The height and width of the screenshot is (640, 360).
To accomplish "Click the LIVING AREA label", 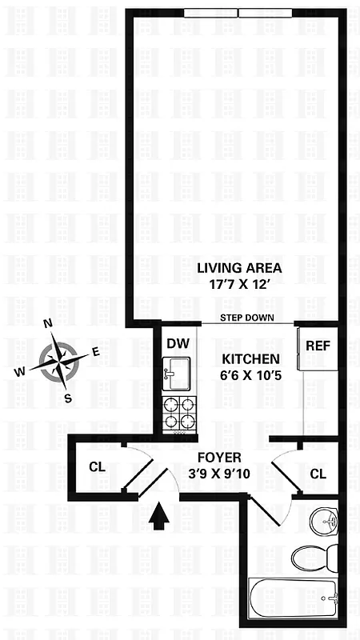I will pyautogui.click(x=239, y=267).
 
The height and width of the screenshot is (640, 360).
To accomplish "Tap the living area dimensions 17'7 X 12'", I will pyautogui.click(x=239, y=284).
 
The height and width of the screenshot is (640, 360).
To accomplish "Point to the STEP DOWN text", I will pyautogui.click(x=249, y=318).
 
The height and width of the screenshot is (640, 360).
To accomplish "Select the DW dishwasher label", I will pyautogui.click(x=178, y=343).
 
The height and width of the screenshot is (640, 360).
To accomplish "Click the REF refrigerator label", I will pyautogui.click(x=318, y=346).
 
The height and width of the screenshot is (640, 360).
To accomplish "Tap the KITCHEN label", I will pyautogui.click(x=250, y=359).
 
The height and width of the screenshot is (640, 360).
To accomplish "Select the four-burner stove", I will pyautogui.click(x=178, y=414).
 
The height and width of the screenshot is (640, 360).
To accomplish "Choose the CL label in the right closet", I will pyautogui.click(x=318, y=474).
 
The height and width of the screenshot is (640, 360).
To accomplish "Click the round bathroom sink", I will pyautogui.click(x=326, y=519).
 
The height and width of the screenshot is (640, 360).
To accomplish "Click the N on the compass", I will pyautogui.click(x=48, y=324).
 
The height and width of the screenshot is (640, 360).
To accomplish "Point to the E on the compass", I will pyautogui.click(x=95, y=351).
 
